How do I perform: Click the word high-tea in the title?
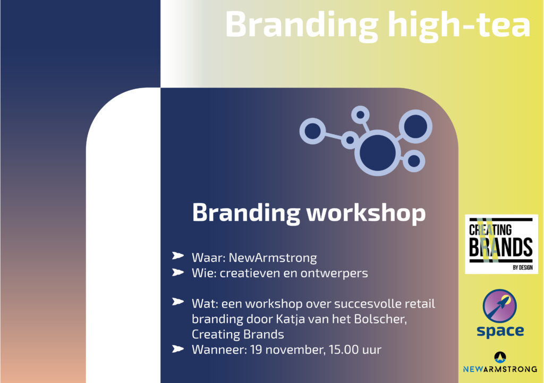tap(455, 25)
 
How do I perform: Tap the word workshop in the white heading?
tap(366, 213)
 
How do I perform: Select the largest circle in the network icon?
tap(378, 152)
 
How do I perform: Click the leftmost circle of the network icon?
tap(312, 131)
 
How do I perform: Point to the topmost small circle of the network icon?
tap(360, 114)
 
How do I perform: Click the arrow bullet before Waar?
tap(178, 257)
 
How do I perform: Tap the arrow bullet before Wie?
tap(178, 273)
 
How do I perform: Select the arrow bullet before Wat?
tap(178, 303)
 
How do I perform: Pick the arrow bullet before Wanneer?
tap(178, 349)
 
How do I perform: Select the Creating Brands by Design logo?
tap(501, 244)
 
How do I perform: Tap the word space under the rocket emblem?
tap(500, 331)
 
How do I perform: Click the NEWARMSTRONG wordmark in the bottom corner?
tap(500, 368)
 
